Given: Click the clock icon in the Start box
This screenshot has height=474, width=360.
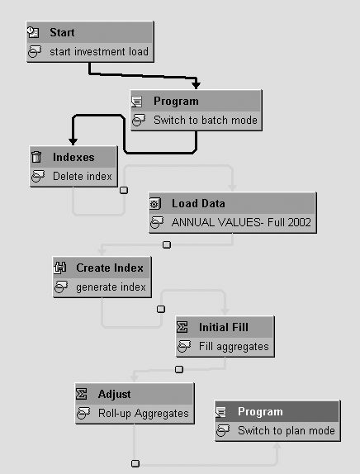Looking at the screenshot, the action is coord(33,32).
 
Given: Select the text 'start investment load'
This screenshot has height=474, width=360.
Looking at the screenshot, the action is coord(99,52).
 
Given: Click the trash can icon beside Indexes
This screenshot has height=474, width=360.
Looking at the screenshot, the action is coord(36,157).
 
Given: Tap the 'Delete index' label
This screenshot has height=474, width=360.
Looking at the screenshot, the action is coord(83,176).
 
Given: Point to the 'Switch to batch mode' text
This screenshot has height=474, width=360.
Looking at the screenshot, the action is coord(206,120).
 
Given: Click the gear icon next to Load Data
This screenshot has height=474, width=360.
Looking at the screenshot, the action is coord(154,204).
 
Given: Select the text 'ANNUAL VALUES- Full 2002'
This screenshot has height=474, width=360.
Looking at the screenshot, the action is coord(241,222).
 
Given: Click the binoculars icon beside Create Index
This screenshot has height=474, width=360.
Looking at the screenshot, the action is coord(59,268).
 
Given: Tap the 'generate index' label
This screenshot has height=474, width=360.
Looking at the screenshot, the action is coord(111,287).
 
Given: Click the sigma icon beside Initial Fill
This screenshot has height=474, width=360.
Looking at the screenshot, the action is coord(182,327).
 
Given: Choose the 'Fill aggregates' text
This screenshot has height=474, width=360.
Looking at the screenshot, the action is coord(234,347).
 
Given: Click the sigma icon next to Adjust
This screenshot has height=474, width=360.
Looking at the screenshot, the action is coord(81,394).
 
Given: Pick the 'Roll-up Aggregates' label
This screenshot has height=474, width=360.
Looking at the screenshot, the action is coord(144,413).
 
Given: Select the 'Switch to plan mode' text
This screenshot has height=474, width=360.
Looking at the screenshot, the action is coord(287,430).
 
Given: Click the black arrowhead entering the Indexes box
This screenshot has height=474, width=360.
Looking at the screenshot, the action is coord(73,141).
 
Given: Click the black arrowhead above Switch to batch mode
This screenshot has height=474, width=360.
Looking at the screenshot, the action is coord(197,84).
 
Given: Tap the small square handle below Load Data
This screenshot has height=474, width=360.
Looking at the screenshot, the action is coord(167,244).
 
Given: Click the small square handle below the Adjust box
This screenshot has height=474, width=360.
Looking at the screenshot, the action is coord(135,463).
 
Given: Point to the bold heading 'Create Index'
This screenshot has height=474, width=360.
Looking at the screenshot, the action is coord(110,268).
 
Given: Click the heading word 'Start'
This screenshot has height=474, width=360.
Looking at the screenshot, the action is coord(62,32).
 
